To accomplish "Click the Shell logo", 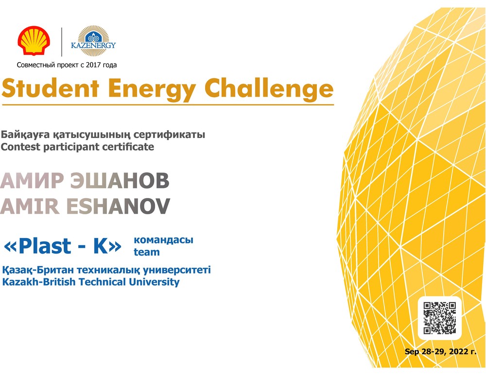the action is [34, 41].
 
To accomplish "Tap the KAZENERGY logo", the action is [93, 41].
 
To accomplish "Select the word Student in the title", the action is [51, 88].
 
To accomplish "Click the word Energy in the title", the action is [152, 90].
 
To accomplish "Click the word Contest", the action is [21, 147].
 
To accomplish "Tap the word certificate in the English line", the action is [128, 147].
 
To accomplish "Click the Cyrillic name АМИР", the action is [32, 180].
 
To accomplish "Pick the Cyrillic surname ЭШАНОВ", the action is [120, 180].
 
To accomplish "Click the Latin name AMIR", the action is [30, 206].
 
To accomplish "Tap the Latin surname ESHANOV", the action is [118, 206].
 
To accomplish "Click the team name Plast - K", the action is [63, 246].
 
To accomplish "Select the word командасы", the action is [163, 240].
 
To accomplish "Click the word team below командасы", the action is [147, 252].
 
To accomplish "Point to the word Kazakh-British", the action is [39, 282].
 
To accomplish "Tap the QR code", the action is [439, 318].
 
